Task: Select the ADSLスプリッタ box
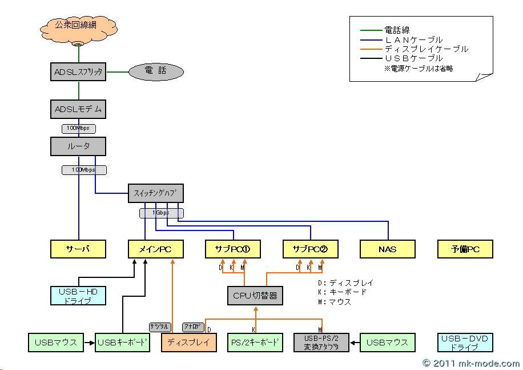78,72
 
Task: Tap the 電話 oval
156,72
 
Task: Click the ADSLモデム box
78,109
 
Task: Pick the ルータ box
78,146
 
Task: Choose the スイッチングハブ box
156,194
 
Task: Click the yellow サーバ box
78,249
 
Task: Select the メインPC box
156,249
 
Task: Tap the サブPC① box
233,249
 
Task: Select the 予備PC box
465,249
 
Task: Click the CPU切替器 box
255,296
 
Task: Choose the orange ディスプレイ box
189,343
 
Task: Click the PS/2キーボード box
255,343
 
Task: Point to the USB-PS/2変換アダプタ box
321,343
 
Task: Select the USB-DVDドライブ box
465,343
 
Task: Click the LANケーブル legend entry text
414,40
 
